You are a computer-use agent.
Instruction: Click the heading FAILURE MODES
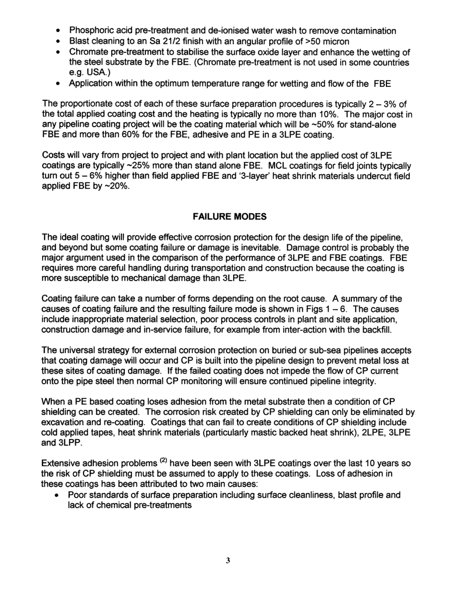(229, 216)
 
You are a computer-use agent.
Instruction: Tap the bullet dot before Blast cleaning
(58, 42)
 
